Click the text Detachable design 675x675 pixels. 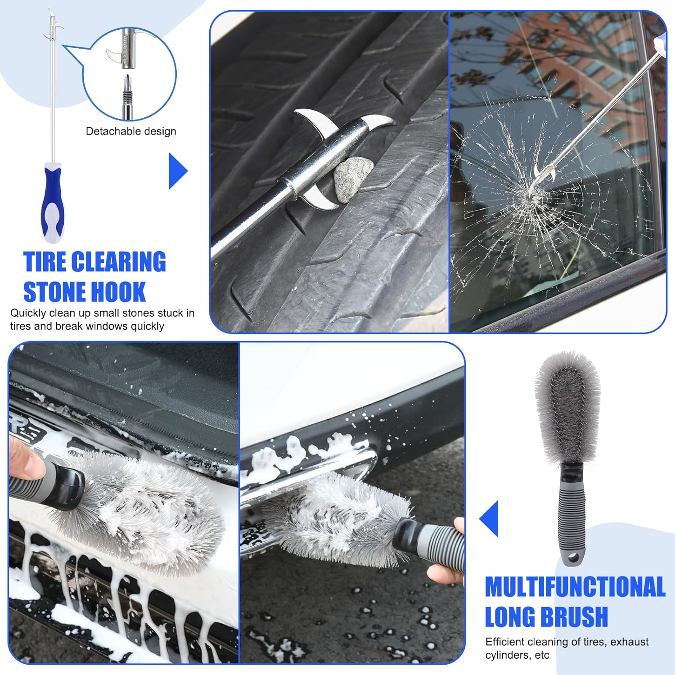coord(131,131)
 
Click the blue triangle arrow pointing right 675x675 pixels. coord(178,171)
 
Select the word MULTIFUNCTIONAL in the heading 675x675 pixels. coord(575,586)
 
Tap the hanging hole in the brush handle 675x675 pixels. coord(573,559)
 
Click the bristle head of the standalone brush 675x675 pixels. coord(567,409)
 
